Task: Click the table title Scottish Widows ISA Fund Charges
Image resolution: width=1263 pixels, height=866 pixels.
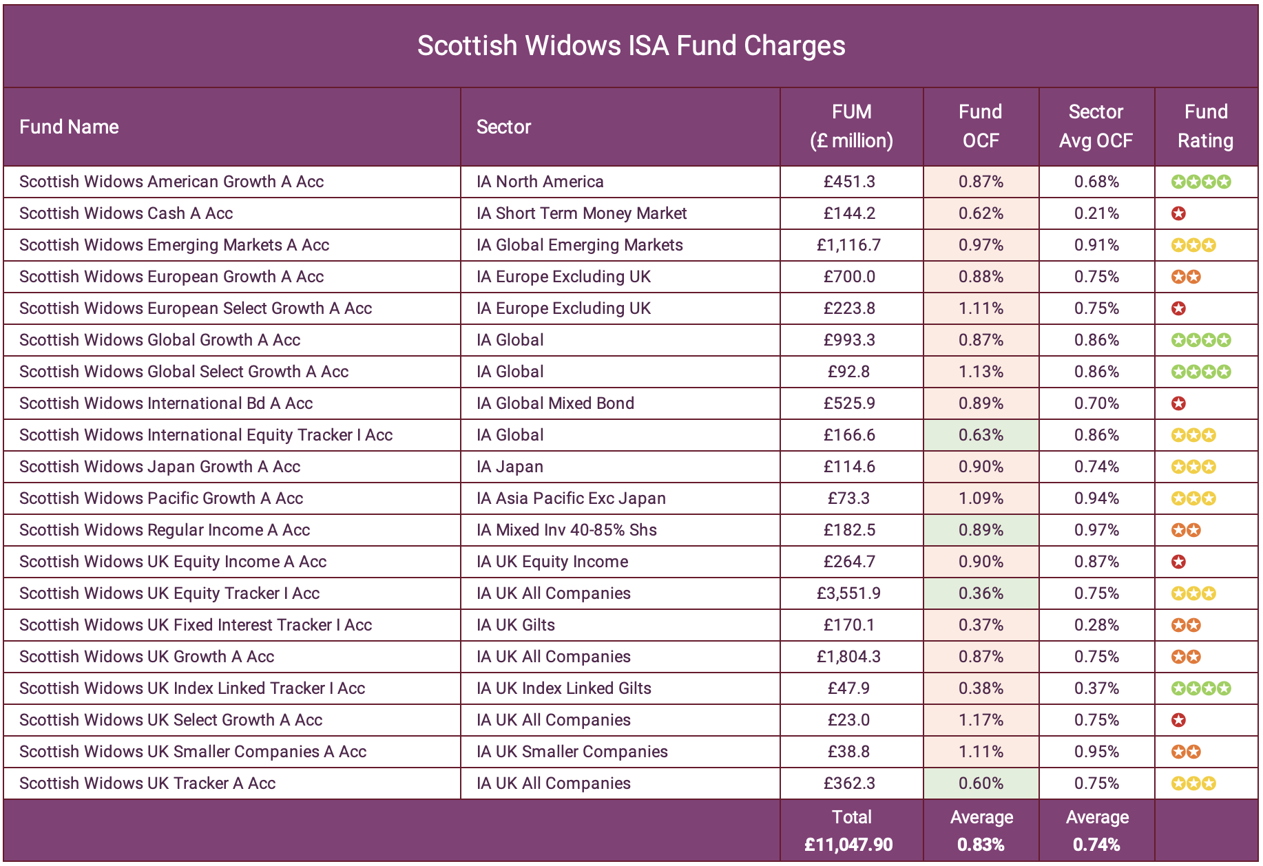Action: pyautogui.click(x=631, y=46)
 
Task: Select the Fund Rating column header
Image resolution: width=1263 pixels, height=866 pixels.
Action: pyautogui.click(x=1205, y=126)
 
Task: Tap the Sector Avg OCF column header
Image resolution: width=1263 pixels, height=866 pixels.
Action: pyautogui.click(x=1096, y=126)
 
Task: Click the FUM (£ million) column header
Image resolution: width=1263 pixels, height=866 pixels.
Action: pyautogui.click(x=851, y=126)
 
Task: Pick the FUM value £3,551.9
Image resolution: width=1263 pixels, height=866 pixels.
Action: pyautogui.click(x=848, y=593)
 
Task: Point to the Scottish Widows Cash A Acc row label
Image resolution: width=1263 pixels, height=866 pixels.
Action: pyautogui.click(x=126, y=213)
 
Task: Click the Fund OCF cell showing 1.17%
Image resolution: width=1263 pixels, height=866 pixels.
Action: pyautogui.click(x=981, y=720)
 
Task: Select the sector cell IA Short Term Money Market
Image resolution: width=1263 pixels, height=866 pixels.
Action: pyautogui.click(x=581, y=213)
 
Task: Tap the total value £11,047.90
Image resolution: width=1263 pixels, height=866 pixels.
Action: pyautogui.click(x=848, y=845)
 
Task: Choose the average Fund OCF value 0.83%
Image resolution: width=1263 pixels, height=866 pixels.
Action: pyautogui.click(x=981, y=845)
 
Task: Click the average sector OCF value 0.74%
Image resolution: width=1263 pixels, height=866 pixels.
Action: pyautogui.click(x=1096, y=845)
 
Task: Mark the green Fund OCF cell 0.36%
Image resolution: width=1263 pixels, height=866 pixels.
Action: pyautogui.click(x=981, y=593)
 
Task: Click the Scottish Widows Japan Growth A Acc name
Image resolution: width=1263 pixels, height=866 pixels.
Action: pyautogui.click(x=160, y=467)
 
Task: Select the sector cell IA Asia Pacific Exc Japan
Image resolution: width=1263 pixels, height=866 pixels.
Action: pyautogui.click(x=571, y=498)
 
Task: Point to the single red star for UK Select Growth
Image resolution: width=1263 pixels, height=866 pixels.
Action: pyautogui.click(x=1178, y=720)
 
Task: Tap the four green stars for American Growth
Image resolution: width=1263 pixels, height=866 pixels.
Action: pyautogui.click(x=1201, y=182)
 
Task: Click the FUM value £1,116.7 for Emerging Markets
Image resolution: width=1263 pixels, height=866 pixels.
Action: pyautogui.click(x=848, y=245)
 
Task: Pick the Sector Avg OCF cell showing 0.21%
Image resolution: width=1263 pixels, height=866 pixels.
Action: pyautogui.click(x=1096, y=213)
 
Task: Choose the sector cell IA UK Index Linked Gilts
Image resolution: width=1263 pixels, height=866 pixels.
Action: pyautogui.click(x=563, y=688)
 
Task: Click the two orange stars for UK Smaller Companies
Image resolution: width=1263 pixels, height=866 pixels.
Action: pyautogui.click(x=1186, y=752)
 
